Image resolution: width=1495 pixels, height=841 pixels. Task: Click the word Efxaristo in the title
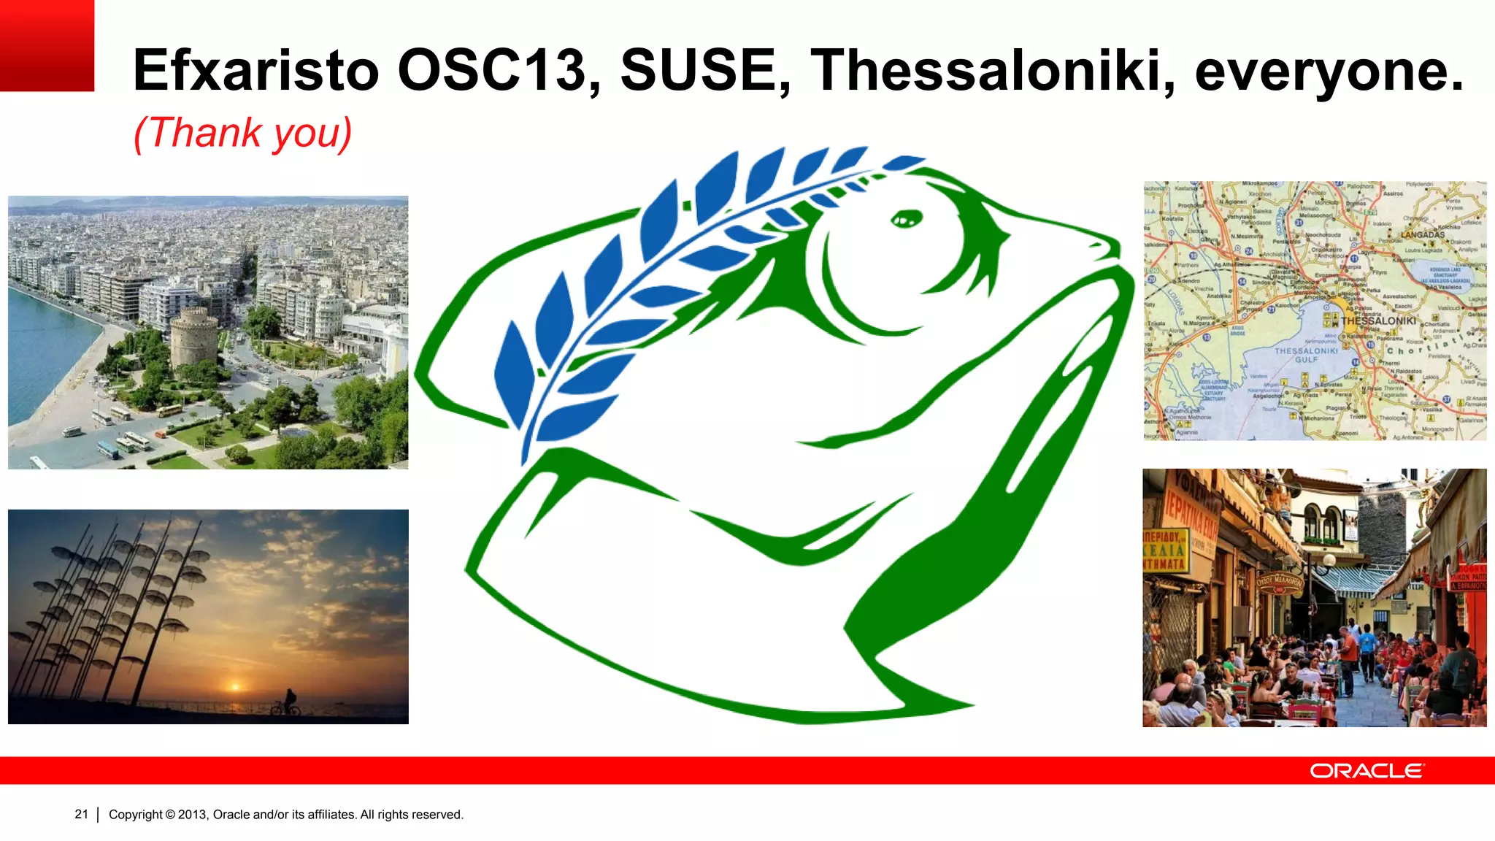255,71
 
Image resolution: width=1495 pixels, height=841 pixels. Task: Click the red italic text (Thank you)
243,133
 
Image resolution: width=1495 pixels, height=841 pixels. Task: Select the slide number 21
81,814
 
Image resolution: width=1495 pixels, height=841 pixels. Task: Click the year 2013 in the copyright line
193,815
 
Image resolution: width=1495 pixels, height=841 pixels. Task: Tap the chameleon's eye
907,218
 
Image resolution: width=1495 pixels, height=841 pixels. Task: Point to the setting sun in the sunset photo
235,686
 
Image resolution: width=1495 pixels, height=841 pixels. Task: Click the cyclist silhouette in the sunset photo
287,702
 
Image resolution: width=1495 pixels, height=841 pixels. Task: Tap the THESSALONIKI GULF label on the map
1306,356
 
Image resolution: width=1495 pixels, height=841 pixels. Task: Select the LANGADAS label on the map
1422,235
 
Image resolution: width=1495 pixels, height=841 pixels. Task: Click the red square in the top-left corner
47,45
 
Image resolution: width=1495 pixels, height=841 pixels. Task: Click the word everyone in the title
1329,71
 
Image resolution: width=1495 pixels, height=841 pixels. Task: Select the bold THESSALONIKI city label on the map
1378,320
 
